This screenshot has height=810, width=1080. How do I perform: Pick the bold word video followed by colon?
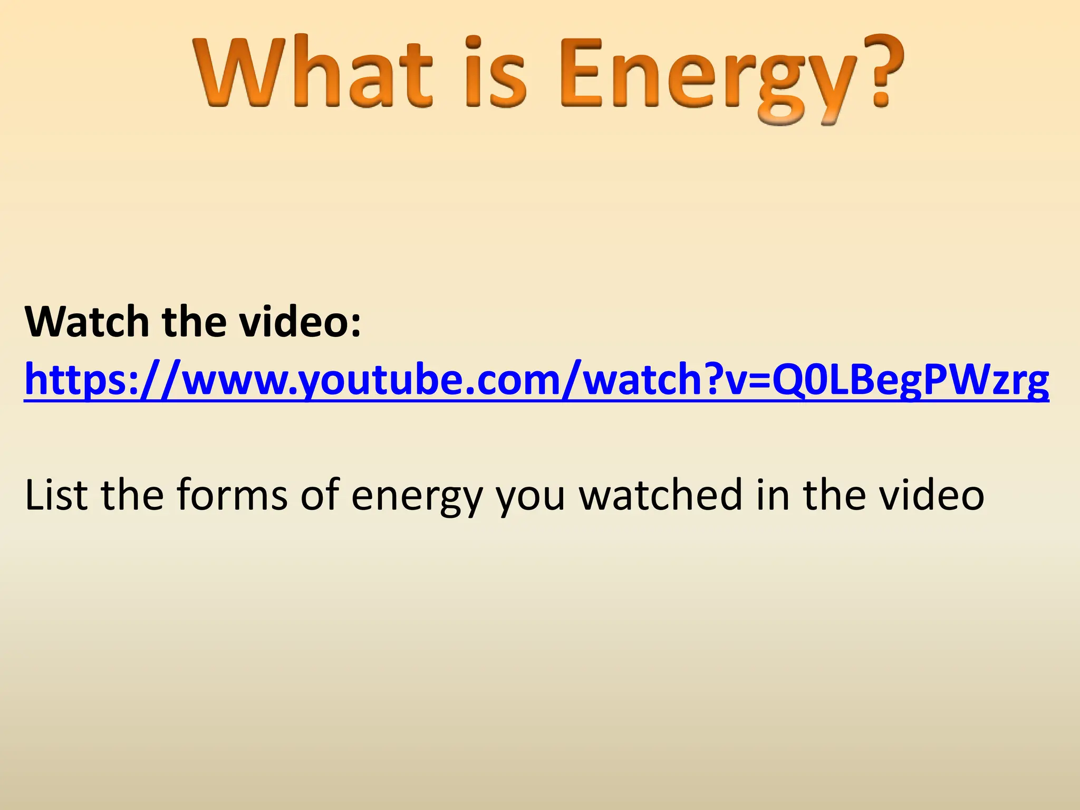[301, 322]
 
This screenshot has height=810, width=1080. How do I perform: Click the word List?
[56, 495]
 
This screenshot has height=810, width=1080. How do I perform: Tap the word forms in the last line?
[232, 495]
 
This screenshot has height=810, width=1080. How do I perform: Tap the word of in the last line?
[320, 495]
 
